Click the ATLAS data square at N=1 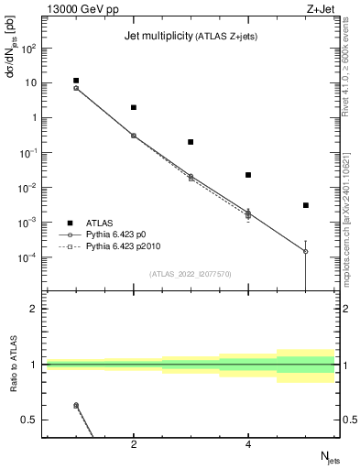click(76, 81)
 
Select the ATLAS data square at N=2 click(134, 107)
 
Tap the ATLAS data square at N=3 click(191, 142)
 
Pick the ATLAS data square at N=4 click(248, 175)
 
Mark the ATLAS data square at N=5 click(306, 205)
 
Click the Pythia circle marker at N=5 click(306, 251)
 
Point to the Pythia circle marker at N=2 click(134, 136)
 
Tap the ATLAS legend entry click(101, 223)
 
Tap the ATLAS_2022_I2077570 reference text click(191, 273)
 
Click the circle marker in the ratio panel click(76, 405)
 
